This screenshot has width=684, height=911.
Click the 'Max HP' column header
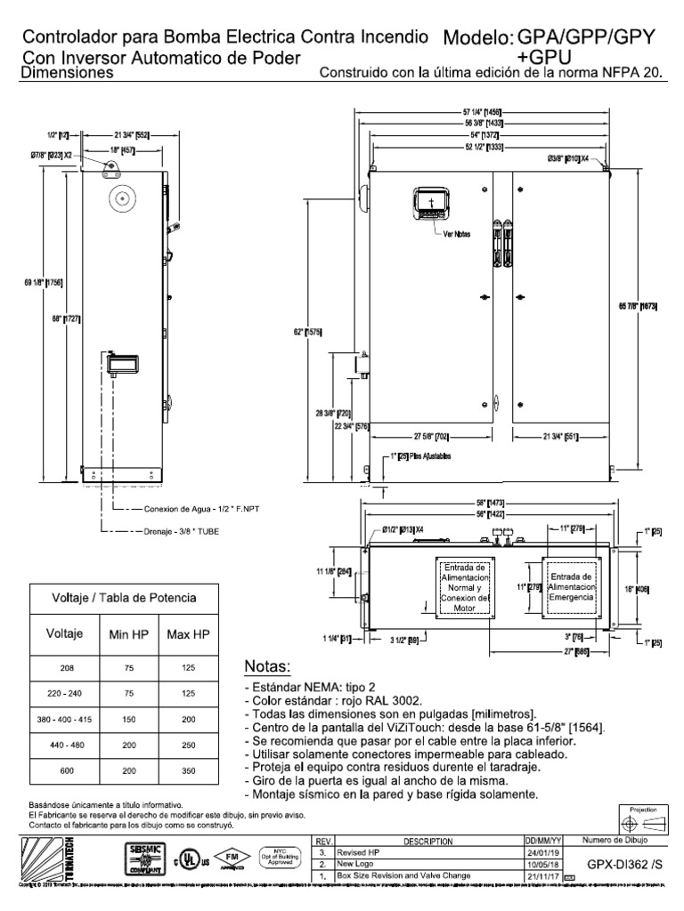pyautogui.click(x=188, y=634)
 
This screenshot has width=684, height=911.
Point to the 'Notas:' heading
pyautogui.click(x=267, y=667)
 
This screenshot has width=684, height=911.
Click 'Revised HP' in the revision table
pyautogui.click(x=358, y=851)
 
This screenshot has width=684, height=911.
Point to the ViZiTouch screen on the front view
pyautogui.click(x=430, y=206)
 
